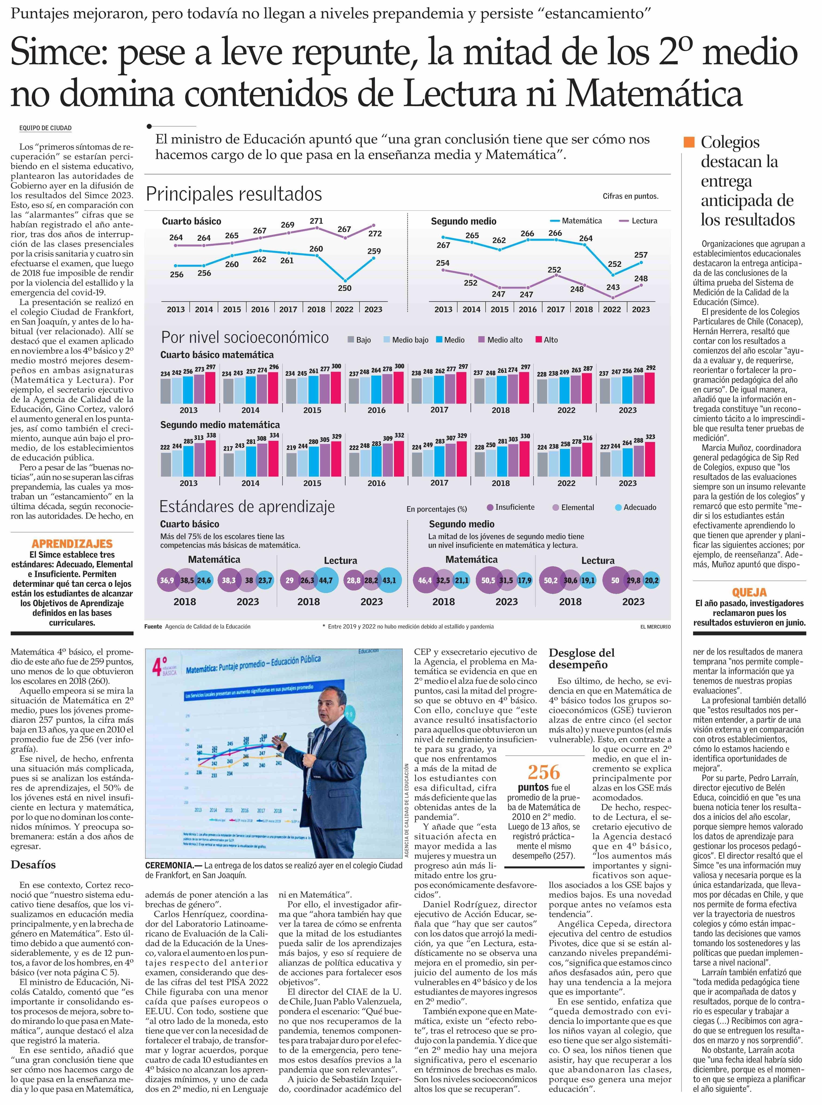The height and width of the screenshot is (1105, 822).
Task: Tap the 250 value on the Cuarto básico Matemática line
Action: pos(344,288)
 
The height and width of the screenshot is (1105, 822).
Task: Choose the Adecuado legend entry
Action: pos(635,508)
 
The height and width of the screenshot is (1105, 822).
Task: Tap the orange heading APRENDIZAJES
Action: pos(72,544)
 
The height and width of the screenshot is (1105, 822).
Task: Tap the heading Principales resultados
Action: pos(234,194)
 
